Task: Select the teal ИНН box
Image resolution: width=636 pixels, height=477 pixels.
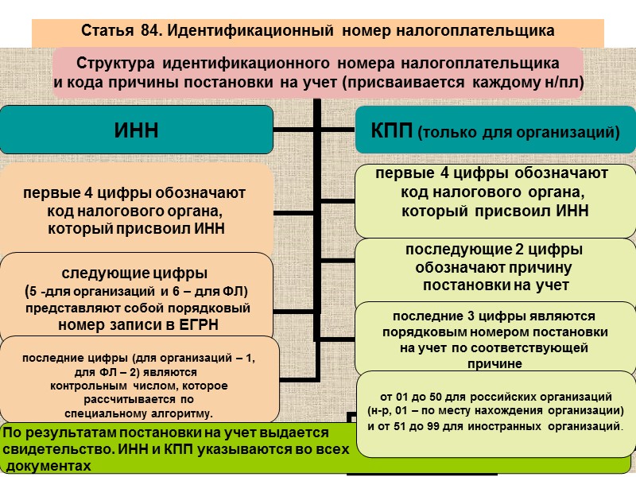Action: tap(137, 130)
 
